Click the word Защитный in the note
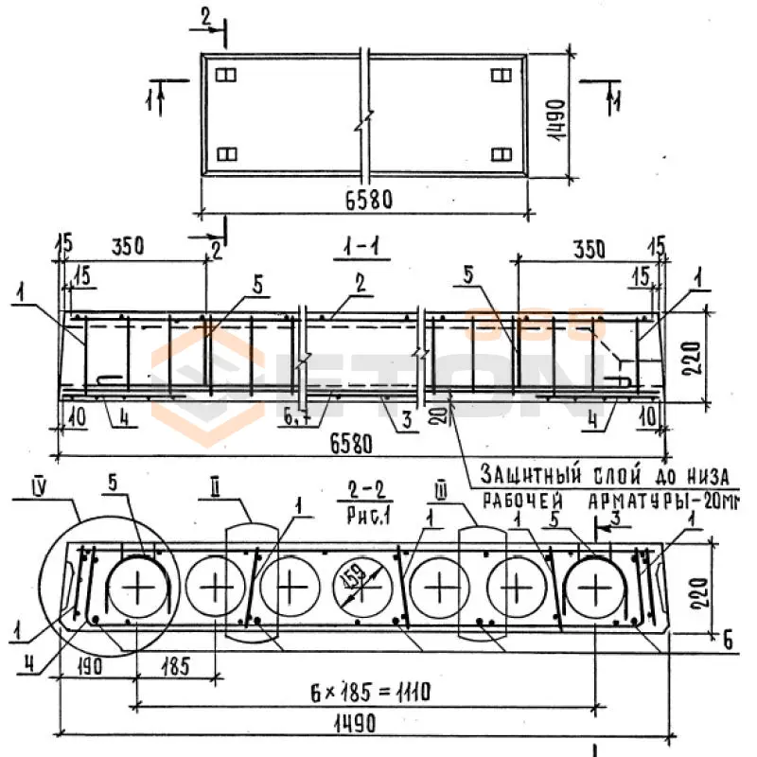pyautogui.click(x=523, y=472)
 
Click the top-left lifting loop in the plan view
pyautogui.click(x=226, y=74)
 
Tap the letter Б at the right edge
pyautogui.click(x=727, y=641)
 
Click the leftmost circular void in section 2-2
pyautogui.click(x=141, y=588)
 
